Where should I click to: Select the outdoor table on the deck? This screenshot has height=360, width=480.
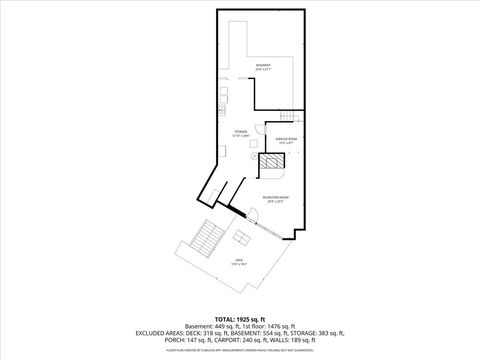coord(242,238)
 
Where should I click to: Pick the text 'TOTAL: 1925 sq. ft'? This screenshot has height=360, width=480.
coord(240,317)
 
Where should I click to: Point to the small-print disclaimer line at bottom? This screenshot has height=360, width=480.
coord(240,351)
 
